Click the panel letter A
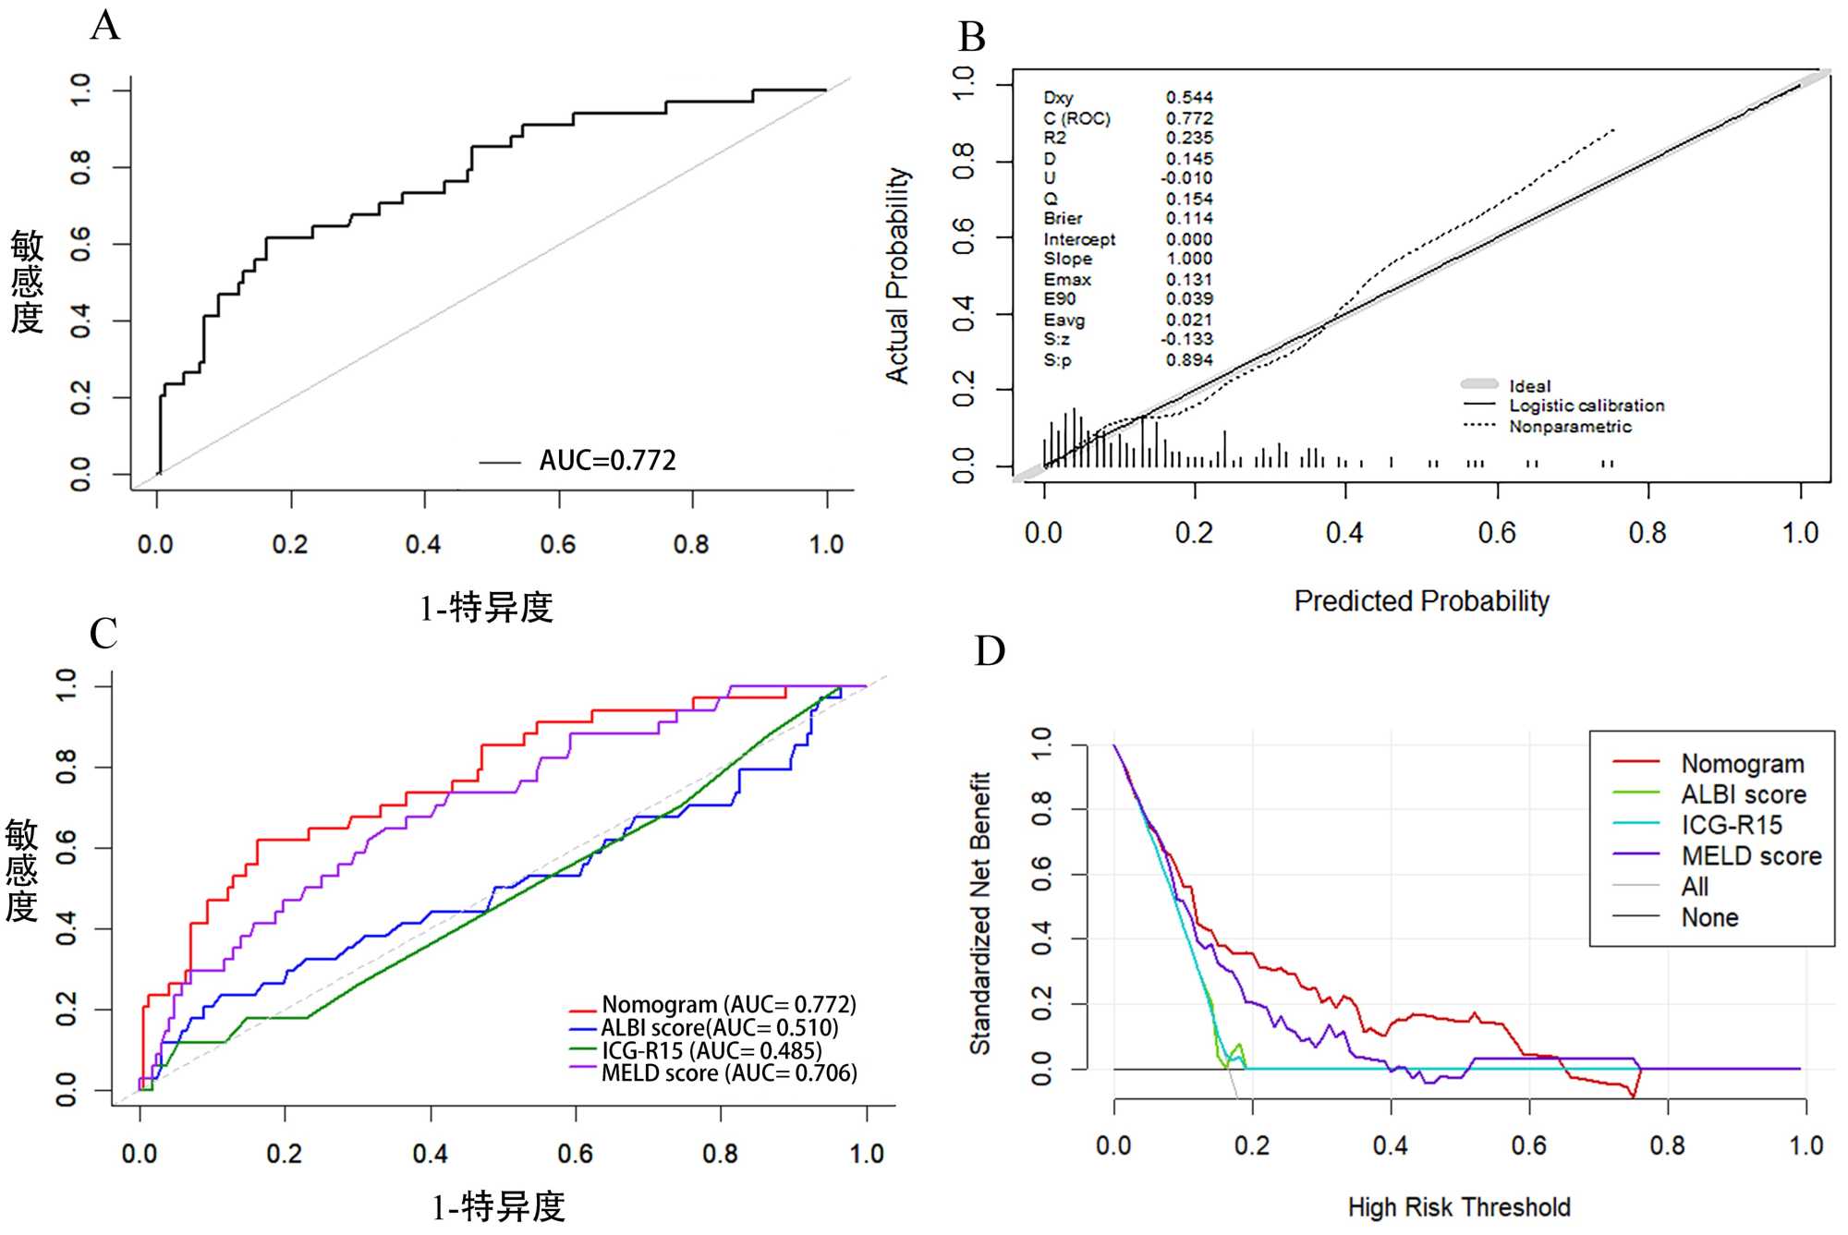click(x=105, y=26)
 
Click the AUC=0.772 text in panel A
click(x=607, y=460)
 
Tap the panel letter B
click(x=972, y=38)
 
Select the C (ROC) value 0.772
click(x=1189, y=118)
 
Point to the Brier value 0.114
click(x=1189, y=218)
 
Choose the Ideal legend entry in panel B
click(x=1529, y=385)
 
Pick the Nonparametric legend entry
click(x=1570, y=426)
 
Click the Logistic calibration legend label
click(x=1587, y=406)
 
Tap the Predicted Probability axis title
click(x=1421, y=601)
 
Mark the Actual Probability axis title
click(x=897, y=275)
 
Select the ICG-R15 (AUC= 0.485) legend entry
click(x=711, y=1050)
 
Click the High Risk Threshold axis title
click(x=1459, y=1207)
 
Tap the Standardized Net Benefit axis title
click(x=979, y=913)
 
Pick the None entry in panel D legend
click(x=1709, y=917)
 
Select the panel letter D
click(x=990, y=651)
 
